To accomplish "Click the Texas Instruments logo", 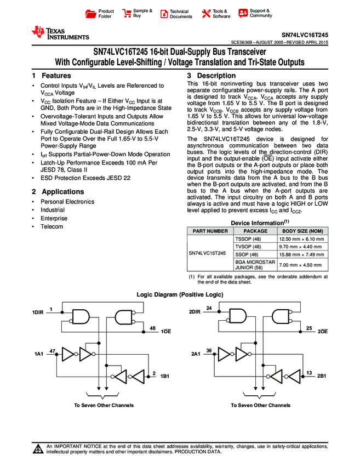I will [x=60, y=33].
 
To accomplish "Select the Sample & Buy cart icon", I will [x=127, y=13].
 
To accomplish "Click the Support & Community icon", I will [x=243, y=13].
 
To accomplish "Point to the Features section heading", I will [x=52, y=76].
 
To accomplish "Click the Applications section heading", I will [x=58, y=192].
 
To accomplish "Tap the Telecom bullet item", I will [x=52, y=226].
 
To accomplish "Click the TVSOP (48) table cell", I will [x=249, y=247].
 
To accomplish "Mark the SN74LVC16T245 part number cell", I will [x=207, y=254].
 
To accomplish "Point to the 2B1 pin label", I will [x=322, y=376].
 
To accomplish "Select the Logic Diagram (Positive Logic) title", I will [x=180, y=295].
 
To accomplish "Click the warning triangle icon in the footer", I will [x=38, y=450].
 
